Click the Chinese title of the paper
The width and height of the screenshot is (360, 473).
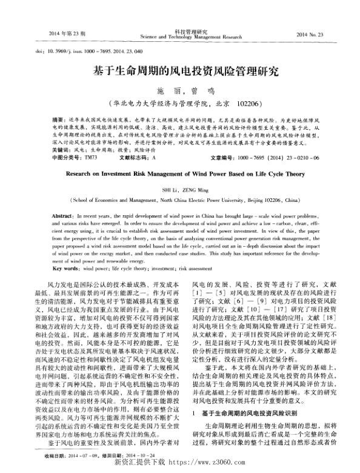pyautogui.click(x=180, y=71)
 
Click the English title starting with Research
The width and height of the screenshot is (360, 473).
pyautogui.click(x=180, y=172)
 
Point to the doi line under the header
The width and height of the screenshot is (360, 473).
pyautogui.click(x=65, y=52)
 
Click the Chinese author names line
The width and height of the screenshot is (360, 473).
pyautogui.click(x=179, y=90)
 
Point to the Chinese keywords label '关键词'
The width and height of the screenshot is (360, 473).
pyautogui.click(x=61, y=149)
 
